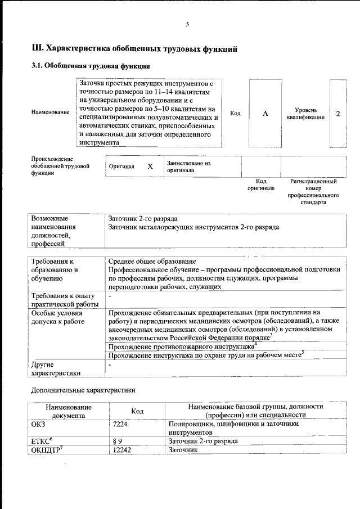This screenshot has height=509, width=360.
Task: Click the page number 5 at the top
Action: [x=187, y=24]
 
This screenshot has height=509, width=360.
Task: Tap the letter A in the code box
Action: [x=265, y=114]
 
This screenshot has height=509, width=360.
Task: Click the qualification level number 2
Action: [x=338, y=114]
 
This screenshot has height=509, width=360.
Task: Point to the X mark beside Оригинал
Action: [x=150, y=166]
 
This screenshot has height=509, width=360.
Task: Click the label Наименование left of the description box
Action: [x=50, y=112]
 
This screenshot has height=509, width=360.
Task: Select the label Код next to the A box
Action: [x=236, y=114]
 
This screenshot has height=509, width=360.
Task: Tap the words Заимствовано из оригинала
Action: [x=188, y=166]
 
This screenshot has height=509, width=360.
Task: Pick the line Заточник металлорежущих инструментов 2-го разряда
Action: [x=193, y=227]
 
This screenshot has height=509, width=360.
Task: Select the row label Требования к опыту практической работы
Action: [x=62, y=299]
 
